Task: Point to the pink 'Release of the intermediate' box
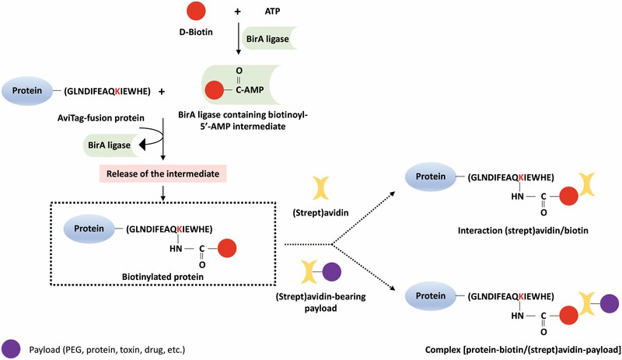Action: coord(162,173)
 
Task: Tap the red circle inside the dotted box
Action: coord(226,250)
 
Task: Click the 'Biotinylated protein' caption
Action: coord(155,276)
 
